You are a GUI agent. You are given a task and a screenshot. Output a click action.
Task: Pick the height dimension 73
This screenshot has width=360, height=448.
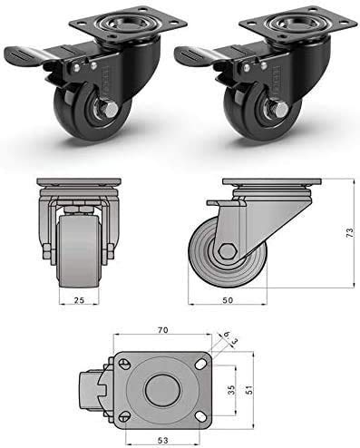point(350,233)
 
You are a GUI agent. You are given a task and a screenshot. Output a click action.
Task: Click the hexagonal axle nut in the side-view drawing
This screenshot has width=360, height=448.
point(228,253)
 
